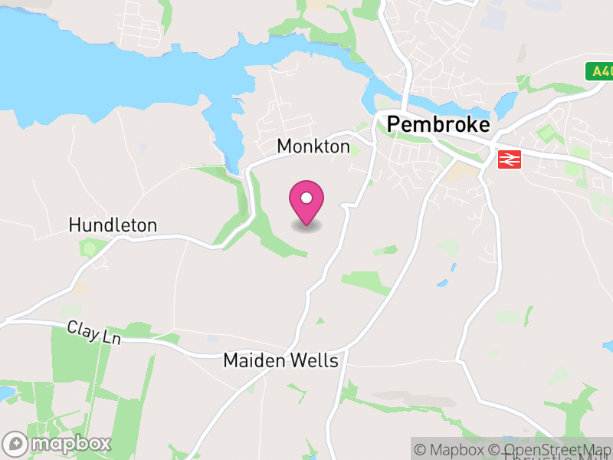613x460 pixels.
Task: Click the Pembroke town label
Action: [438, 124]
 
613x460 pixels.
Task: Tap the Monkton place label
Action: [313, 146]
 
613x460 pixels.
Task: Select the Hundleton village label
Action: [113, 225]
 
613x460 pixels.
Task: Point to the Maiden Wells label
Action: [280, 360]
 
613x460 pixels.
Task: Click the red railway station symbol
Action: [509, 159]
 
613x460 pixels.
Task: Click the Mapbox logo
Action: [57, 443]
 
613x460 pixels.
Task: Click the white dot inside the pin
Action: [306, 198]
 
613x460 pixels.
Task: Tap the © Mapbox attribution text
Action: [451, 449]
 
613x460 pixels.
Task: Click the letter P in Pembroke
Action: [394, 124]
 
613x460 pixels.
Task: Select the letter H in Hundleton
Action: [74, 225]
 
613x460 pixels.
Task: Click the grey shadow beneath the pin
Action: [306, 225]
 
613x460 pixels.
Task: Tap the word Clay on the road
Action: [81, 330]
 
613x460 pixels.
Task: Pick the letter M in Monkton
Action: [284, 146]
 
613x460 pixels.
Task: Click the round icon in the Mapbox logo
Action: [15, 443]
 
